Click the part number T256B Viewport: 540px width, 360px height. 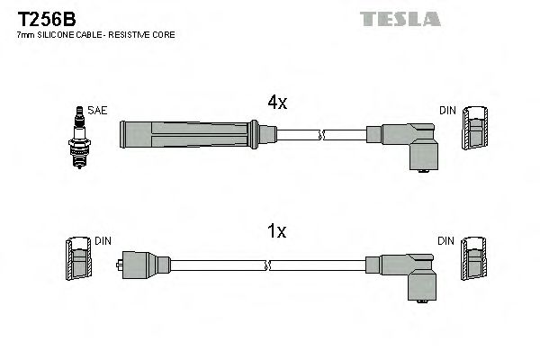pyautogui.click(x=47, y=19)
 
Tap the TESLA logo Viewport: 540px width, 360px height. pyautogui.click(x=400, y=19)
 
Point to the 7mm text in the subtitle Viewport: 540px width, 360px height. pyautogui.click(x=26, y=35)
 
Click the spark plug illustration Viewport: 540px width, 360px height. pyautogui.click(x=79, y=137)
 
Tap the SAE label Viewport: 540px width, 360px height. pyautogui.click(x=97, y=110)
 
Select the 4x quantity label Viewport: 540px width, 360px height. pyautogui.click(x=277, y=102)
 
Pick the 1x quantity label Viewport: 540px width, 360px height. pyautogui.click(x=277, y=231)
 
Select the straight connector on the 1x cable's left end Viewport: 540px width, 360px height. pyautogui.click(x=143, y=265)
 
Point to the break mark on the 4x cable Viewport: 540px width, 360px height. pyautogui.click(x=321, y=135)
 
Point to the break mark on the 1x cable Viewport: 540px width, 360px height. pyautogui.click(x=267, y=265)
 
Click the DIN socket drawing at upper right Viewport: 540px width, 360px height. pyautogui.click(x=475, y=128)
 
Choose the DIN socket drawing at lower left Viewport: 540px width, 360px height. pyautogui.click(x=79, y=258)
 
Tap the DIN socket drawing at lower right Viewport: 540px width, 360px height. pyautogui.click(x=474, y=258)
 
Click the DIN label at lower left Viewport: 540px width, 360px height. pyautogui.click(x=103, y=241)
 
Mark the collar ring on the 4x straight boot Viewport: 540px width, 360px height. pyautogui.click(x=254, y=134)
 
